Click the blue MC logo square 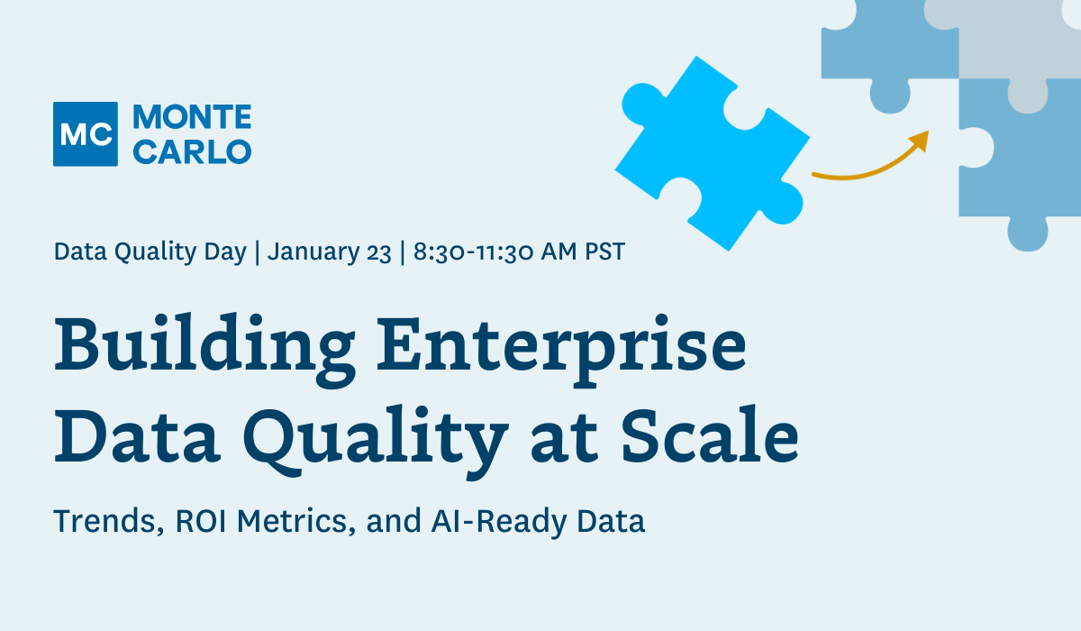[x=86, y=134]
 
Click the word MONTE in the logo [x=192, y=117]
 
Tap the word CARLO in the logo [x=192, y=151]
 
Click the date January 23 [x=330, y=251]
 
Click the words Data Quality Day [x=150, y=251]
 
